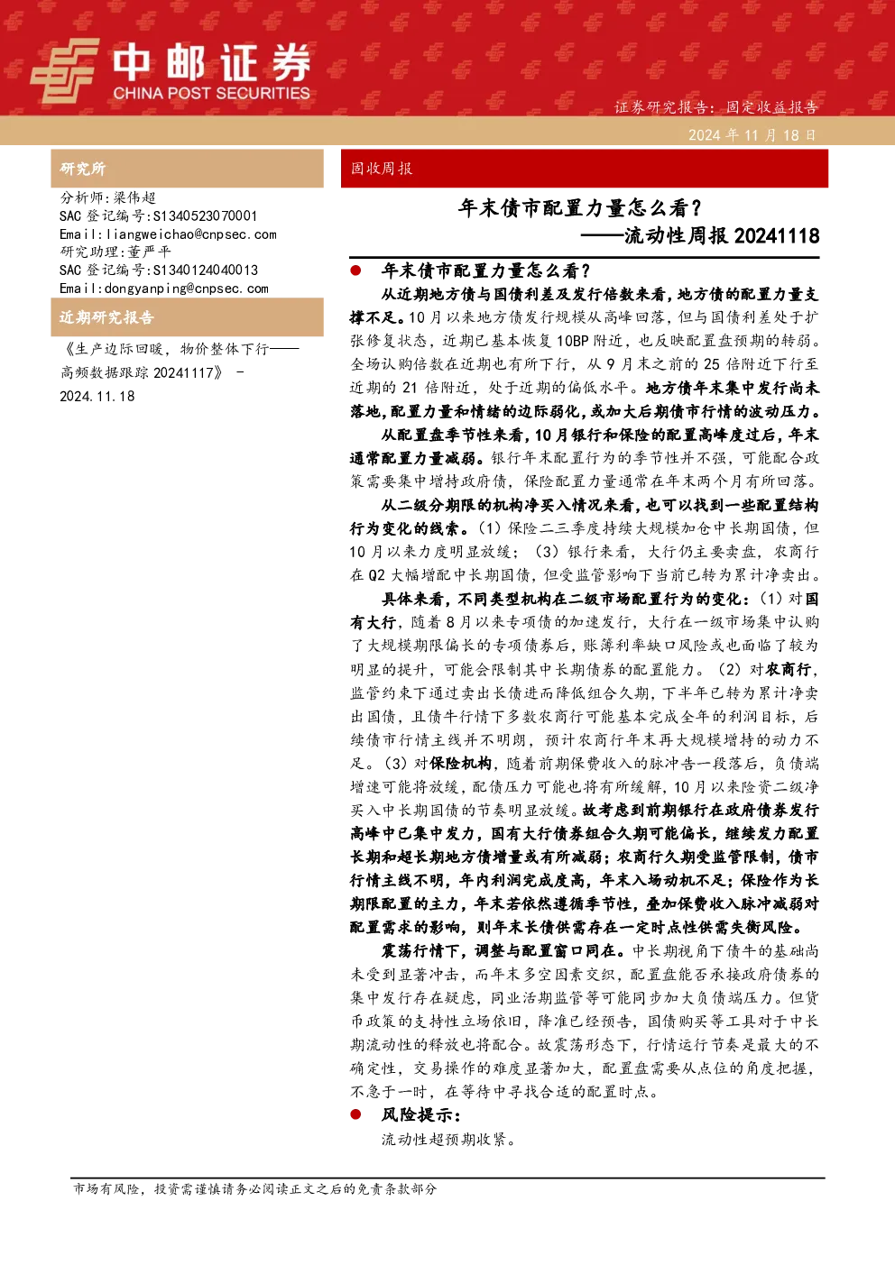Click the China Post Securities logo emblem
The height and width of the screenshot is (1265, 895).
64,70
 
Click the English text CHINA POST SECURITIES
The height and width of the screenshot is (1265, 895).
211,93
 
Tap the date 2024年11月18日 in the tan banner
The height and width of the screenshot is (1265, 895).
752,135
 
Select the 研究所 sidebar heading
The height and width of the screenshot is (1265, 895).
82,169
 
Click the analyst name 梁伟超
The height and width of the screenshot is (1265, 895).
134,197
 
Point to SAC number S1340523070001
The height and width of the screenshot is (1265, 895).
205,215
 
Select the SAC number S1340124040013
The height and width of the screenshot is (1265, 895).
206,270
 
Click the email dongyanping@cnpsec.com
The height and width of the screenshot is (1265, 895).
187,289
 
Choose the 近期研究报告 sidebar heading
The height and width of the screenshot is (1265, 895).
106,317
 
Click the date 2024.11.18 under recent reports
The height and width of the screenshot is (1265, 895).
97,397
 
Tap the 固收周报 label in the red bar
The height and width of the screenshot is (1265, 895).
382,169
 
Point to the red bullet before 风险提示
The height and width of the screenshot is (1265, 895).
355,1114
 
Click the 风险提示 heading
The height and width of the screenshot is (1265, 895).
421,1114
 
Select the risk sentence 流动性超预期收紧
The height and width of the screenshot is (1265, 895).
448,1140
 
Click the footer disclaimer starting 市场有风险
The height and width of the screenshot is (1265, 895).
254,1188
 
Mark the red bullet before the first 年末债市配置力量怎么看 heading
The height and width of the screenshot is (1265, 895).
355,270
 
